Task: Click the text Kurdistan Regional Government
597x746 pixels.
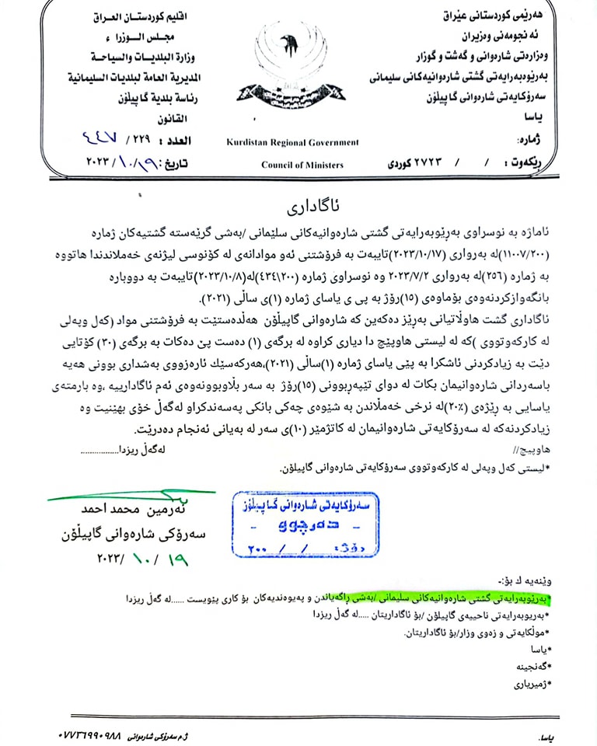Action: (x=293, y=142)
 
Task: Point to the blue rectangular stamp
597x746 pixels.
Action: (x=305, y=525)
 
